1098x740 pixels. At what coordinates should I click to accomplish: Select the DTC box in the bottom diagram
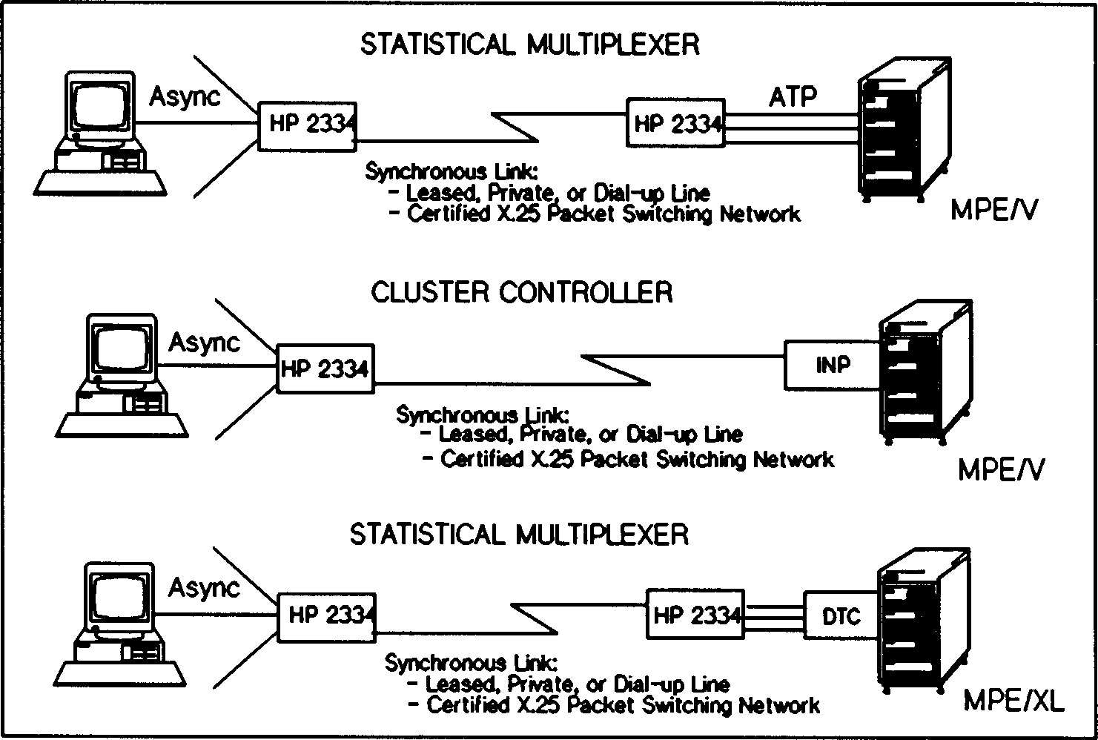841,615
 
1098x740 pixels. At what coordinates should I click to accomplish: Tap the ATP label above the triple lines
793,96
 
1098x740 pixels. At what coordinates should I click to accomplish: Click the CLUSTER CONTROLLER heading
521,292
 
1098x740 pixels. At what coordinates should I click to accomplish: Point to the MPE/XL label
1013,701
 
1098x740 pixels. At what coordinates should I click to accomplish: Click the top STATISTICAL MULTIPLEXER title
529,44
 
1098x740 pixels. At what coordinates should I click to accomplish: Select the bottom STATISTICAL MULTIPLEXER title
519,534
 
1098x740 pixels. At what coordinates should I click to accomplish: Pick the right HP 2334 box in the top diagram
675,124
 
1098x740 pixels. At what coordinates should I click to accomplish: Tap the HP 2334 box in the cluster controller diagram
325,368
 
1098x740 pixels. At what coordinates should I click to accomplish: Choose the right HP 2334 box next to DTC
695,614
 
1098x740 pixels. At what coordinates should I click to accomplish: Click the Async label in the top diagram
185,97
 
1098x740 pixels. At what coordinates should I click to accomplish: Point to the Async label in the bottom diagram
204,588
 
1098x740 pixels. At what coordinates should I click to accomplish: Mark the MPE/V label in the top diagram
994,211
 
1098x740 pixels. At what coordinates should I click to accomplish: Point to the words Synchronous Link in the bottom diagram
470,662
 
